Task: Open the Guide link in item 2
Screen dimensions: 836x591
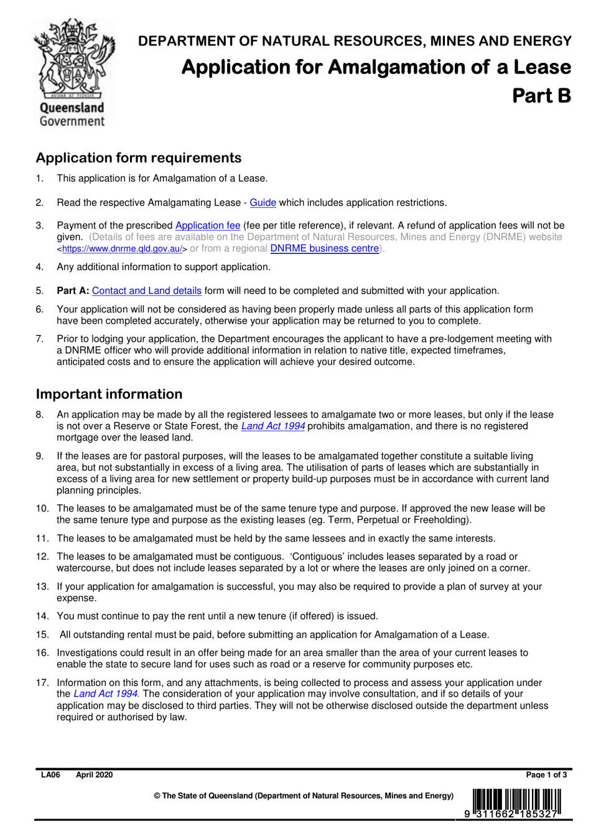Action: (x=263, y=203)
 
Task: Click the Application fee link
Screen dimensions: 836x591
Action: (x=208, y=225)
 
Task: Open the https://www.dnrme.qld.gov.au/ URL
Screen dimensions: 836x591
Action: (x=122, y=249)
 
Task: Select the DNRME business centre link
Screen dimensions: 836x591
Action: (x=324, y=248)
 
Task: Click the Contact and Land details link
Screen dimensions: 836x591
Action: (x=147, y=291)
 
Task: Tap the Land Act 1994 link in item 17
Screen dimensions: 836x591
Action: (x=105, y=694)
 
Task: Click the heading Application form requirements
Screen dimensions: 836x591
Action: (x=138, y=158)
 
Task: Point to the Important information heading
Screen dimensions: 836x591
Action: (x=109, y=394)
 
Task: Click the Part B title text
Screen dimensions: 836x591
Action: (x=541, y=95)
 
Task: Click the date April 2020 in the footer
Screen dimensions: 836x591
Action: (x=95, y=775)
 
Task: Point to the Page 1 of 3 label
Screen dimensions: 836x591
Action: (x=546, y=775)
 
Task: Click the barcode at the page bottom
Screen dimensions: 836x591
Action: (x=516, y=802)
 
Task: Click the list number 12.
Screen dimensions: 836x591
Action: (x=42, y=557)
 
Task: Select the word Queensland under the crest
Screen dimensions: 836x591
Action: (x=72, y=108)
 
